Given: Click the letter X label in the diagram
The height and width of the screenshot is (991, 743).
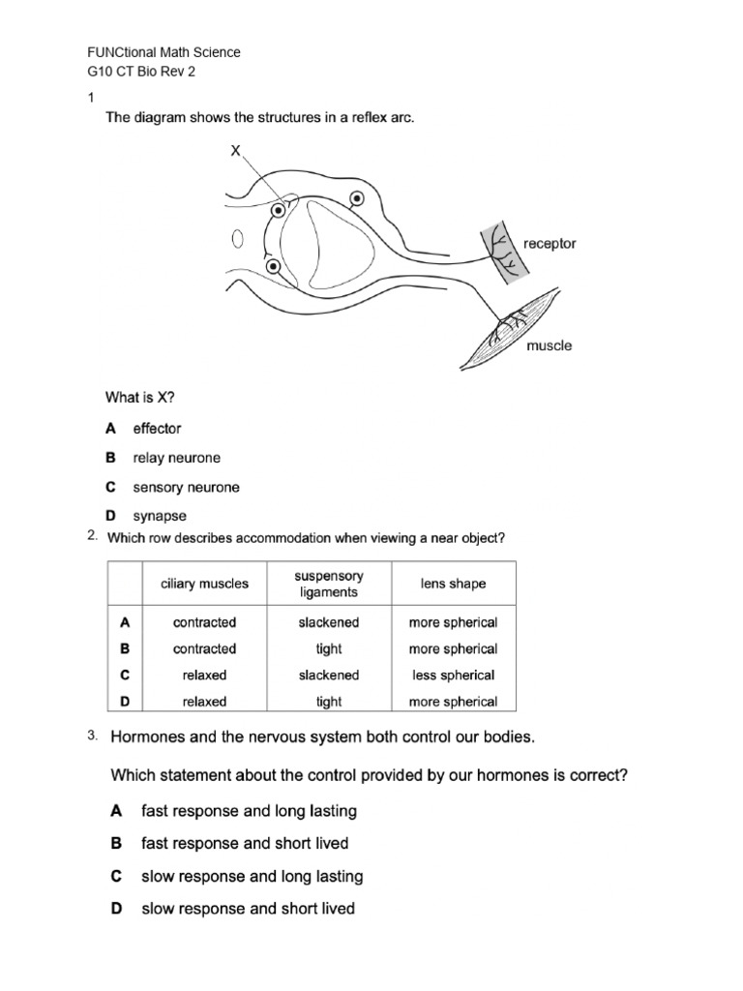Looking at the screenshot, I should tap(234, 151).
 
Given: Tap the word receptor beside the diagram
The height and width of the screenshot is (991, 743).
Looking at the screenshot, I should tap(550, 244).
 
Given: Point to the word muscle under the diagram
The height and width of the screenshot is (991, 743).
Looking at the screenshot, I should tap(549, 345).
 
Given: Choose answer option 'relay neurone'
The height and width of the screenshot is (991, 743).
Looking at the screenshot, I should tap(176, 458).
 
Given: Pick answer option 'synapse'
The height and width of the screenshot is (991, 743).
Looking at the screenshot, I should tap(160, 517).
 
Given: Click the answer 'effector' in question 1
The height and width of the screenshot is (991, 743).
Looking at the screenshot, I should tap(157, 429).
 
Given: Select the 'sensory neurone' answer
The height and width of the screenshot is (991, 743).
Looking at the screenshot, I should tap(186, 488).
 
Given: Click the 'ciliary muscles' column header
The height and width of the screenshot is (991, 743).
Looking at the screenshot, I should tap(204, 584).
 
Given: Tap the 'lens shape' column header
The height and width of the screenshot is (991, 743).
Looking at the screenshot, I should tap(453, 584).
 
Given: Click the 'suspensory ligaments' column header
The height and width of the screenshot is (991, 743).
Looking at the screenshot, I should tap(329, 584).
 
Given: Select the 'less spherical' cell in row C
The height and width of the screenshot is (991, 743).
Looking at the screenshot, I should tap(453, 676).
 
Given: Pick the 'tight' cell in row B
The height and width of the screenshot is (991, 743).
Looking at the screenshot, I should tap(329, 649).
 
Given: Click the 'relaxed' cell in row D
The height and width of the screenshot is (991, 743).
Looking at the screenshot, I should tap(204, 702).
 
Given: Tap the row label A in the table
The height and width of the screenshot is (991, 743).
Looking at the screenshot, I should tap(125, 623).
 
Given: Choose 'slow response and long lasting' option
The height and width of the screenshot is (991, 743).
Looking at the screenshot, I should tap(252, 876).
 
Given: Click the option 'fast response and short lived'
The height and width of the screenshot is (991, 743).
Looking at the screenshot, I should tap(245, 843).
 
